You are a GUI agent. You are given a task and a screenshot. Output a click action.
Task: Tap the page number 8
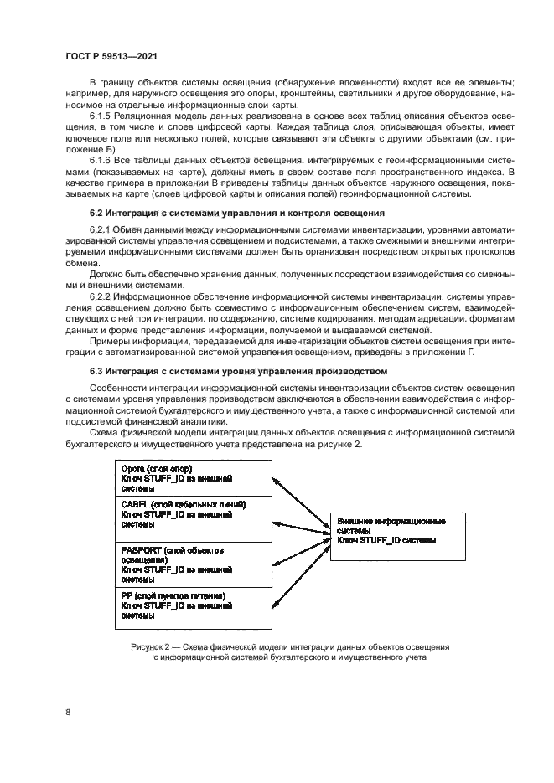(x=68, y=712)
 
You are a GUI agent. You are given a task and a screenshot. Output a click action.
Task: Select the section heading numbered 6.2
(x=236, y=214)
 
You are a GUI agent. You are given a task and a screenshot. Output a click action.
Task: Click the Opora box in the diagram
(x=194, y=478)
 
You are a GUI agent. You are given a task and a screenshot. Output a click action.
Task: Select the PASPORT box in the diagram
(x=194, y=564)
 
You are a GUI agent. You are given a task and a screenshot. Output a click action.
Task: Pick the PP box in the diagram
(x=194, y=606)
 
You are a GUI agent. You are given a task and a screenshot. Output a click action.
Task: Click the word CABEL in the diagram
(x=135, y=505)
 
